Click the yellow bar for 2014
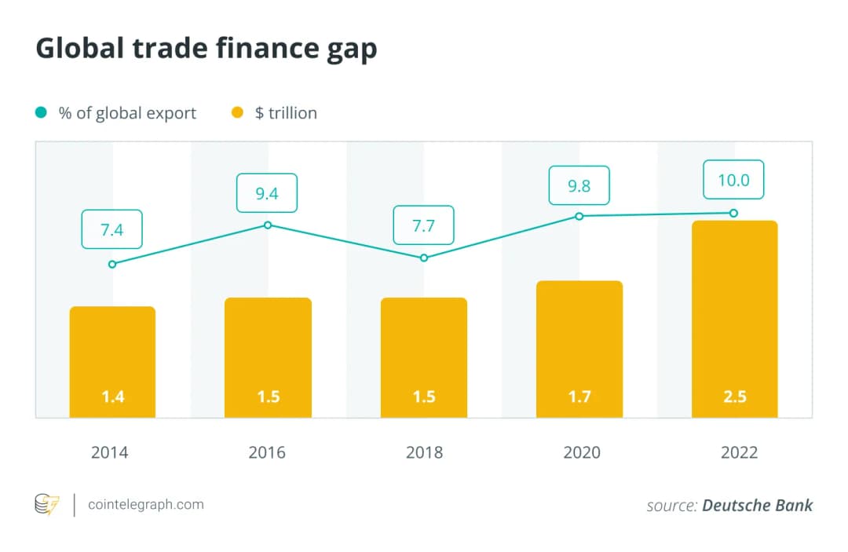pos(112,361)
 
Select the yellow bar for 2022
pos(734,318)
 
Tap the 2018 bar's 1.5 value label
pos(424,397)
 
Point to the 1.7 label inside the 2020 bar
pos(579,397)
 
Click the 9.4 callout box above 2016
pos(268,192)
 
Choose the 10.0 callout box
pos(733,180)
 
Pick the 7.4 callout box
pos(111,229)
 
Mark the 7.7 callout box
pos(423,227)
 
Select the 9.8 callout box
pos(579,185)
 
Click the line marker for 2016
pos(268,225)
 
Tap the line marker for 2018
pos(424,258)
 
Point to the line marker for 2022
pos(733,213)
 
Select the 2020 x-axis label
pos(581,452)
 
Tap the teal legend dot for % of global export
pos(41,113)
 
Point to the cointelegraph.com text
pos(145,504)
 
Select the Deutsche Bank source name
pos(757,505)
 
